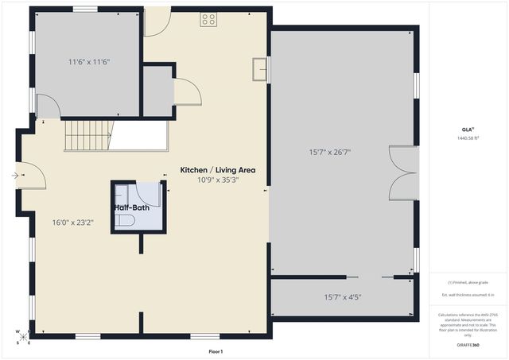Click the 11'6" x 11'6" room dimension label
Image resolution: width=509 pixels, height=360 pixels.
pyautogui.click(x=88, y=61)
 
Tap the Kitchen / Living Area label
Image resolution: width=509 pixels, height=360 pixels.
pyautogui.click(x=217, y=170)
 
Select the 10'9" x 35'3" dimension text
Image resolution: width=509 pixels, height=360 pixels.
pyautogui.click(x=218, y=180)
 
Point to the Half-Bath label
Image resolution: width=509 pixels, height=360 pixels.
pyautogui.click(x=132, y=207)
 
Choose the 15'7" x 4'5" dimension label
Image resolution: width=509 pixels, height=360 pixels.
pyautogui.click(x=343, y=297)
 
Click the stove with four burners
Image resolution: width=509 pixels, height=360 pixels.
pyautogui.click(x=208, y=20)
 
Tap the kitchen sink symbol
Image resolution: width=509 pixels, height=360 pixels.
pyautogui.click(x=259, y=70)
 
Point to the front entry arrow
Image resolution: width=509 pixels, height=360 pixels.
pyautogui.click(x=16, y=176)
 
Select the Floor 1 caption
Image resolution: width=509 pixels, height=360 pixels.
pyautogui.click(x=216, y=351)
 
